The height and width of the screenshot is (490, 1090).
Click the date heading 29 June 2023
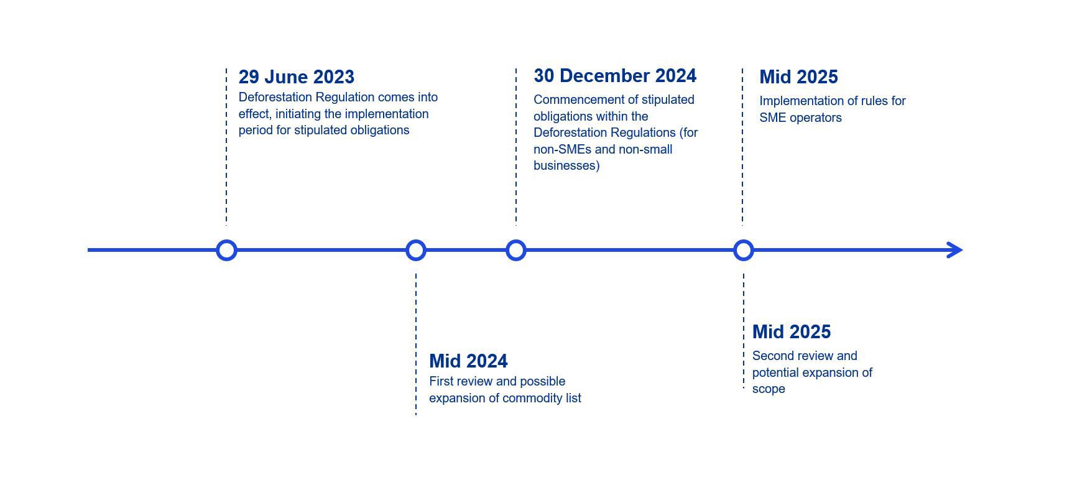(296, 77)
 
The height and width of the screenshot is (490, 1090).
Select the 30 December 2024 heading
(615, 76)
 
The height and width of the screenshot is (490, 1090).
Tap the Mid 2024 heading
(468, 361)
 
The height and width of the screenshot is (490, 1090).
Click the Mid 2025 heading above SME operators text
(798, 77)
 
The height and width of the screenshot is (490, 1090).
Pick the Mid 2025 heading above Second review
(792, 332)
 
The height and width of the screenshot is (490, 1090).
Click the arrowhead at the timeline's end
(963, 251)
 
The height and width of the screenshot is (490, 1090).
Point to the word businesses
(565, 166)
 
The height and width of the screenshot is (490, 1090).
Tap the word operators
(815, 118)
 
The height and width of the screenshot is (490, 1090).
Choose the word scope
(769, 389)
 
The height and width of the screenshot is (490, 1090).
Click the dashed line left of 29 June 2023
(226, 146)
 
